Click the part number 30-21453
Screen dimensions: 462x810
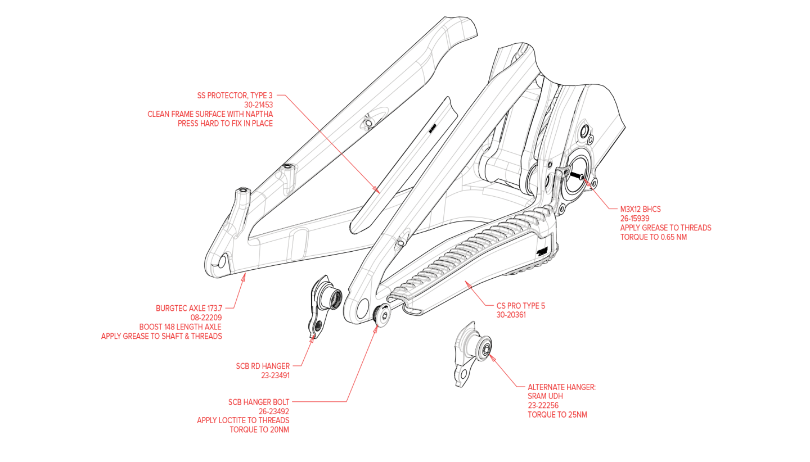pyautogui.click(x=259, y=105)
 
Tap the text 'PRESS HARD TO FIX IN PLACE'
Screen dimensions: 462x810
pyautogui.click(x=225, y=123)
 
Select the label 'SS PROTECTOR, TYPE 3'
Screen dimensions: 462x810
pyautogui.click(x=235, y=96)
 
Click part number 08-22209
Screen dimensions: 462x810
pyautogui.click(x=206, y=318)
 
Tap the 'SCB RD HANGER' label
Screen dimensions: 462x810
pyautogui.click(x=263, y=366)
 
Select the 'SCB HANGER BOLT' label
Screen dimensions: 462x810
pyautogui.click(x=259, y=402)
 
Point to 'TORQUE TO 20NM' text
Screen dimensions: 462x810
pyautogui.click(x=259, y=429)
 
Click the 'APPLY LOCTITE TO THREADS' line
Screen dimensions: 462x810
pyautogui.click(x=243, y=420)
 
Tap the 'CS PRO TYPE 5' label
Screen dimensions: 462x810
pyautogui.click(x=521, y=306)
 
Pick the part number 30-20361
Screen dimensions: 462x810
pyautogui.click(x=511, y=315)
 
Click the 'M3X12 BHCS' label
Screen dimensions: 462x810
pyautogui.click(x=640, y=209)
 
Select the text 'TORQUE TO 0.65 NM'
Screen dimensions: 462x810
pyautogui.click(x=653, y=237)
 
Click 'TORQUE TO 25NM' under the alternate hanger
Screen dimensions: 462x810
pyautogui.click(x=557, y=415)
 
